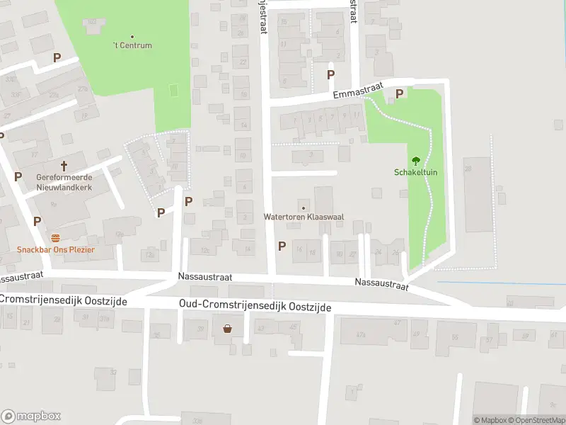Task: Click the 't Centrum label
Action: (132, 45)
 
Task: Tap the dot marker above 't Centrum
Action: (132, 36)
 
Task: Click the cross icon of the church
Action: (64, 166)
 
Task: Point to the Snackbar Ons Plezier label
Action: (56, 249)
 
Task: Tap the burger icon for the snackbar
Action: (56, 237)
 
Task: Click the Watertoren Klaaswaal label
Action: (304, 217)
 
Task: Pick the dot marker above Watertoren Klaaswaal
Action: (304, 208)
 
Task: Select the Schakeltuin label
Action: (415, 172)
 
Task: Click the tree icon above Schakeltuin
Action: (415, 159)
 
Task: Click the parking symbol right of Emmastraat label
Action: (399, 93)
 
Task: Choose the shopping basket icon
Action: (228, 328)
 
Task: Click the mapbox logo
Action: (31, 416)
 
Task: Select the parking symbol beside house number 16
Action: (282, 246)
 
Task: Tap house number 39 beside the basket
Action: (200, 327)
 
